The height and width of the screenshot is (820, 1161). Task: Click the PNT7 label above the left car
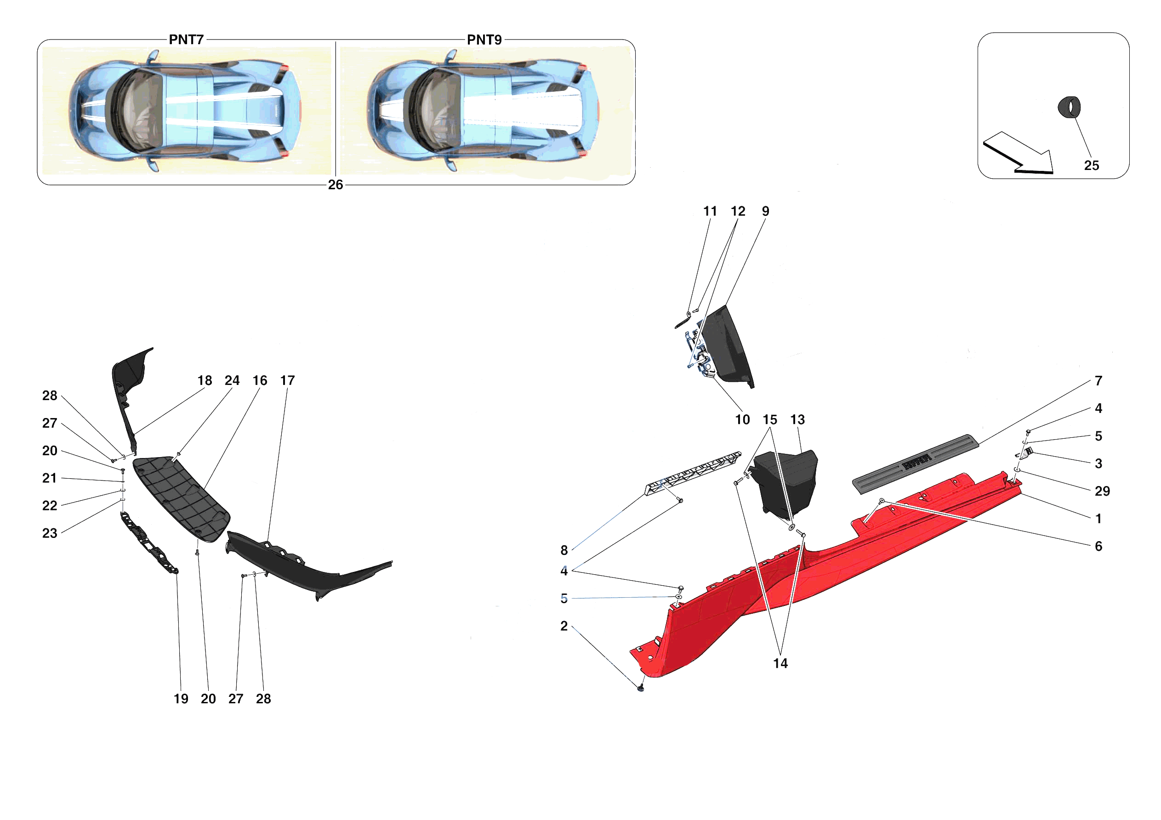click(x=186, y=40)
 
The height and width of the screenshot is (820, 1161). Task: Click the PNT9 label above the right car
click(x=484, y=40)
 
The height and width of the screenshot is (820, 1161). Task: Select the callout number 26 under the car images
click(x=335, y=185)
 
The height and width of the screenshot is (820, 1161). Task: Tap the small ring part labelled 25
click(x=1069, y=107)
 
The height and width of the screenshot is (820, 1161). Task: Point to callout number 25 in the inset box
click(x=1091, y=166)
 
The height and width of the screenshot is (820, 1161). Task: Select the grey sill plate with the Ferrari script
click(x=915, y=463)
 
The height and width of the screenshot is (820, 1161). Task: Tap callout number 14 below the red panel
click(x=780, y=664)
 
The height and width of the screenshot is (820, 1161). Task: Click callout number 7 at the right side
click(x=1098, y=381)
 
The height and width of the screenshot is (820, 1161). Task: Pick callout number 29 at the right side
click(x=1102, y=492)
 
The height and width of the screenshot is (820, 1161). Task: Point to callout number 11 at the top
click(x=710, y=211)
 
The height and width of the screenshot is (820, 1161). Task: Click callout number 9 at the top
click(x=766, y=211)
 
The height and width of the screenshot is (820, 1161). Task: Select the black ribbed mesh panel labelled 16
click(x=182, y=498)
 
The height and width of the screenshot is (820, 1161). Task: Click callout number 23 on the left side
click(x=50, y=533)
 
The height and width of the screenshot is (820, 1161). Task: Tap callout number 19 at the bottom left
click(x=181, y=699)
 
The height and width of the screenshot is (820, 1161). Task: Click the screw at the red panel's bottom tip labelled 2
click(x=641, y=688)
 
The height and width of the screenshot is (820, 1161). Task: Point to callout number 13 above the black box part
click(x=797, y=419)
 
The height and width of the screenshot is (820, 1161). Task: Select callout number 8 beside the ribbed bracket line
click(x=564, y=550)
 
